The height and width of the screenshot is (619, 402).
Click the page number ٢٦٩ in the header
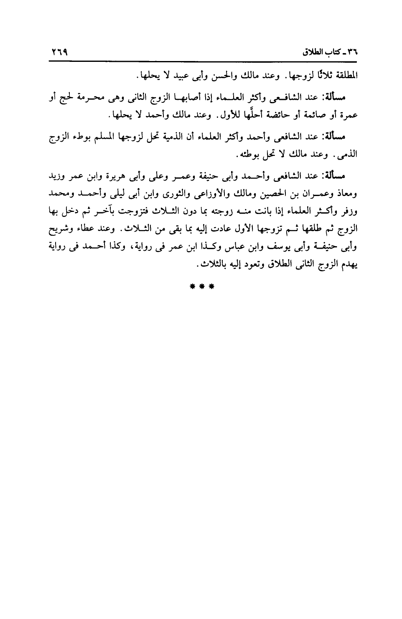pos(59,53)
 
